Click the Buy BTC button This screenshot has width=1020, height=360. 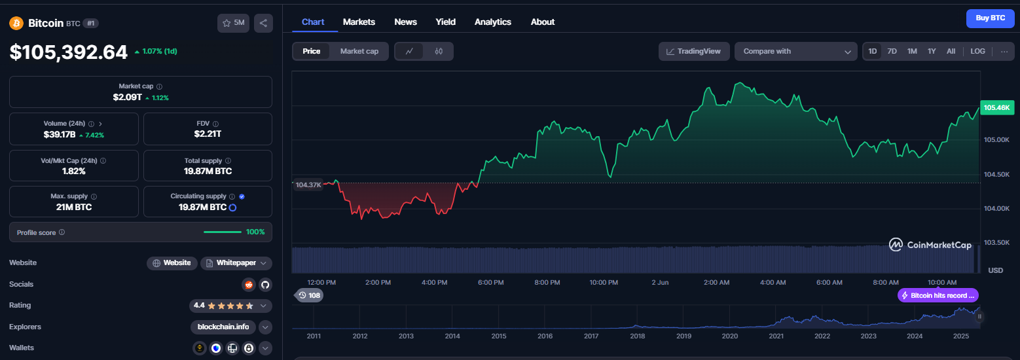(x=990, y=18)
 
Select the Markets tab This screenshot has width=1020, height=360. (x=359, y=22)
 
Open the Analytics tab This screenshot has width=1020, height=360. (x=493, y=22)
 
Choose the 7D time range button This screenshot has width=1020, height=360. (x=892, y=52)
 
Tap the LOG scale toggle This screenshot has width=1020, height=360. (x=977, y=52)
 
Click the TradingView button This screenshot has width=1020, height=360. (x=693, y=52)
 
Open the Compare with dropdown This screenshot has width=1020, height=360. (x=795, y=52)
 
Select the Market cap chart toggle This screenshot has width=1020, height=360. (x=359, y=52)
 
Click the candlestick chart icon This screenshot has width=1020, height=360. (x=439, y=52)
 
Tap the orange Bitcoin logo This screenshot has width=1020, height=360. (x=16, y=23)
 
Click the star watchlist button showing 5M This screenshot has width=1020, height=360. (x=233, y=23)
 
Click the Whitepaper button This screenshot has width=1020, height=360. (x=236, y=263)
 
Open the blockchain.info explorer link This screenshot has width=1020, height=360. (x=223, y=327)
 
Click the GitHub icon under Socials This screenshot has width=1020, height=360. (x=265, y=285)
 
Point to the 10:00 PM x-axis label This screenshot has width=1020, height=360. (x=604, y=283)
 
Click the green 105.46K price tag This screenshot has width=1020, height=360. (x=997, y=108)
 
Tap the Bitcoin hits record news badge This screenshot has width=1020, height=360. (x=938, y=295)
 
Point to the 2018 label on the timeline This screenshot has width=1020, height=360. (x=637, y=336)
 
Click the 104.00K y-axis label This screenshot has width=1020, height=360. (x=996, y=208)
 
